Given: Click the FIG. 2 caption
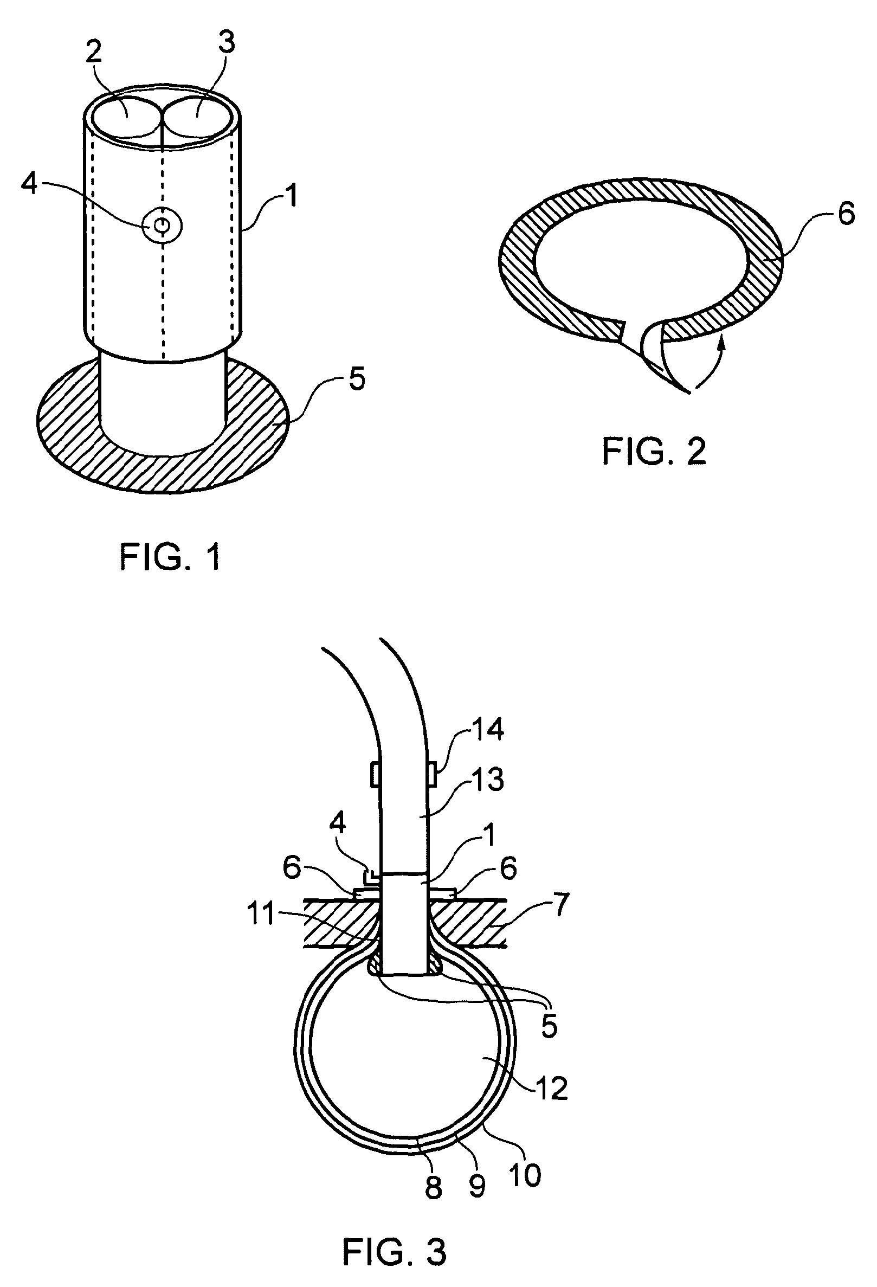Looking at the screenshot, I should coord(654,452).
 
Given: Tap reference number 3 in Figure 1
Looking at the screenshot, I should coord(225,43).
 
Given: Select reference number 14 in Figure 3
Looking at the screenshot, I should coord(488,729).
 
